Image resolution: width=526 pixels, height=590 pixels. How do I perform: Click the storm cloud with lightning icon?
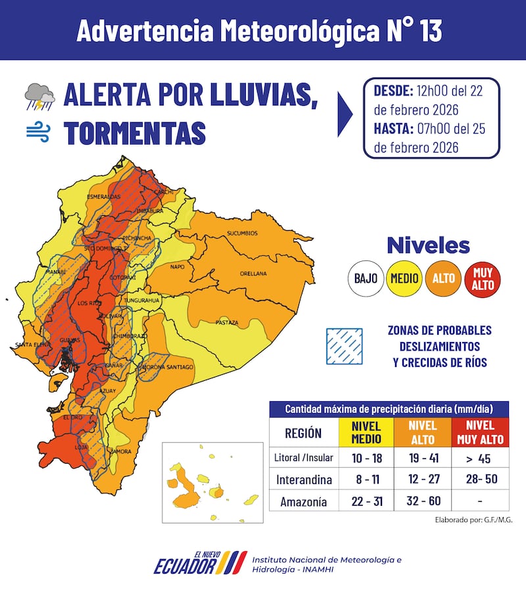tap(39, 97)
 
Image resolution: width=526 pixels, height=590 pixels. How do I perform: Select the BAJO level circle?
tap(366, 278)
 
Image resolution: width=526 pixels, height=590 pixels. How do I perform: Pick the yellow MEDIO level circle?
tap(404, 278)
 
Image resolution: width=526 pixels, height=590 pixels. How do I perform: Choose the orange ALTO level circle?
tap(443, 278)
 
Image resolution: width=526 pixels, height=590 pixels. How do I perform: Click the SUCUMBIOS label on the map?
tap(243, 234)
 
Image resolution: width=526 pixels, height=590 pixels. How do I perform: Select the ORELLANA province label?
tap(253, 273)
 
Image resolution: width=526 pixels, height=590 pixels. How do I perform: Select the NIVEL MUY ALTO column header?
tap(479, 432)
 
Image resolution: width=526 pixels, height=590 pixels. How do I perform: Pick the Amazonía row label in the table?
tap(303, 501)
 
